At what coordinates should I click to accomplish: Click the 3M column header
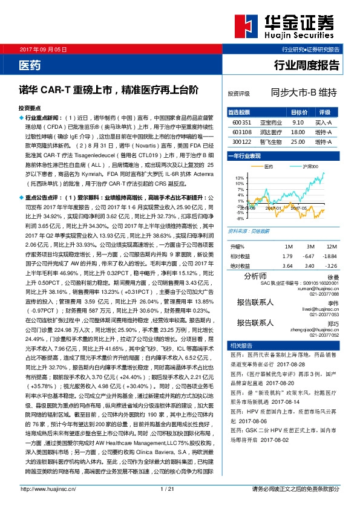310,247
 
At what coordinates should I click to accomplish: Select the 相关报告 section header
241,345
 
